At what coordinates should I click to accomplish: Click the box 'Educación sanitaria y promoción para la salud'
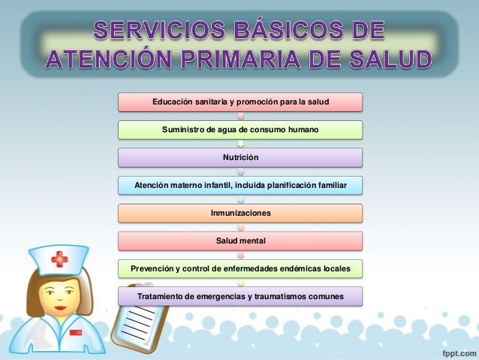coord(240,101)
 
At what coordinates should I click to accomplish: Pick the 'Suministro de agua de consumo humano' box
coord(240,129)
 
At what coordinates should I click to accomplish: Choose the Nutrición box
coord(240,157)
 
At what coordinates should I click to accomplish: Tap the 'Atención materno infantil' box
coord(240,185)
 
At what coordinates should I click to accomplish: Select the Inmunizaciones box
coord(240,213)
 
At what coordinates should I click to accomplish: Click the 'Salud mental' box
coord(240,241)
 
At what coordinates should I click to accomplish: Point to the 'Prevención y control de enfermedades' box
coord(240,268)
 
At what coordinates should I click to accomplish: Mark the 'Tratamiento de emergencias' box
coord(240,296)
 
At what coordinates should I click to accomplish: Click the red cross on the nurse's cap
coord(59,261)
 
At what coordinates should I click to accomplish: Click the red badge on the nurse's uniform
coord(76,331)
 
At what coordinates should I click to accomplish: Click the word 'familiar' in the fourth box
coord(327,185)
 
